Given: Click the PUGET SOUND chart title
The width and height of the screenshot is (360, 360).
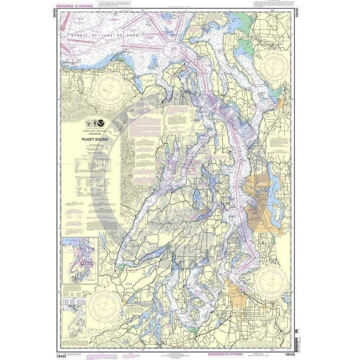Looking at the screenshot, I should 90,140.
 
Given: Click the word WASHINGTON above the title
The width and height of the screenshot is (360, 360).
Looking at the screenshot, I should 90,134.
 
